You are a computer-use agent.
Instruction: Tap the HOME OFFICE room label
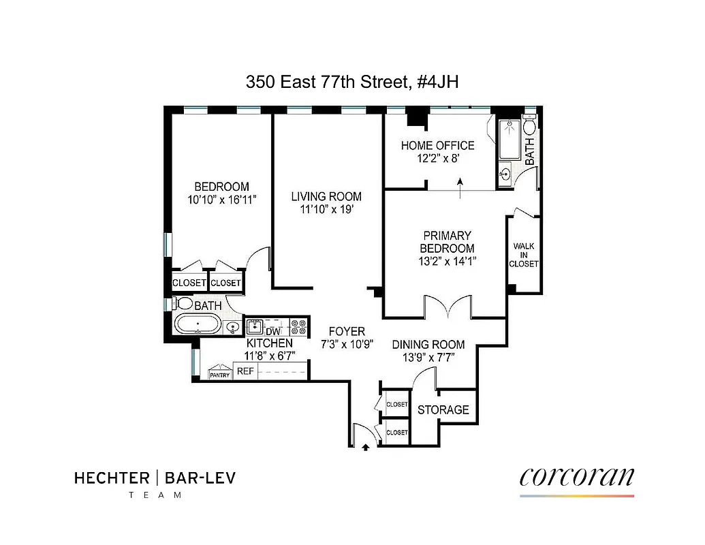tap(437, 146)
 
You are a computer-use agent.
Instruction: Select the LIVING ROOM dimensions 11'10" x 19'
tap(326, 210)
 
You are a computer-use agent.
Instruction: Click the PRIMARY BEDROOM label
tap(446, 242)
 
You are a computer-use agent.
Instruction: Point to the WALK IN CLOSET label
tap(524, 255)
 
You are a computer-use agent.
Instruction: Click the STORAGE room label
tap(443, 409)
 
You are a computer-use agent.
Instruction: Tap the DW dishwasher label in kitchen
tap(273, 331)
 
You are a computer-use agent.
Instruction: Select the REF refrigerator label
tap(244, 371)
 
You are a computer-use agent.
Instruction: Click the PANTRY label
tap(219, 374)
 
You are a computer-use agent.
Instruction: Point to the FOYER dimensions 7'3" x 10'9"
tap(347, 344)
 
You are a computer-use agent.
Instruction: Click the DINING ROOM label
tap(428, 345)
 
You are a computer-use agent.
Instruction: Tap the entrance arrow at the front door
tap(366, 447)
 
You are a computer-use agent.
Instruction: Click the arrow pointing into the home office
tap(461, 188)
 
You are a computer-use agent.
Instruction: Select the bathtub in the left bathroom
tap(198, 324)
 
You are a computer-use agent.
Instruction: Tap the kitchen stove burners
tap(298, 325)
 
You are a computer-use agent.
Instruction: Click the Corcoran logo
tap(576, 476)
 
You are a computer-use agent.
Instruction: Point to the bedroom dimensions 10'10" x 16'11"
tap(221, 200)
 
